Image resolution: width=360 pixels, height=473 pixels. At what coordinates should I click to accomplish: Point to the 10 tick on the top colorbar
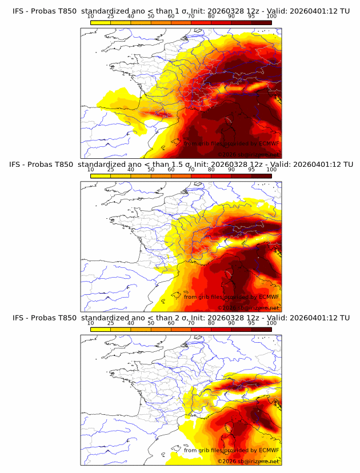(91, 16)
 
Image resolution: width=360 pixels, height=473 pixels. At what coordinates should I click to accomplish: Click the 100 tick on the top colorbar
(271, 16)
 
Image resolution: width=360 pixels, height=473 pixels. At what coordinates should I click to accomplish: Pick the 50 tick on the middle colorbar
(151, 169)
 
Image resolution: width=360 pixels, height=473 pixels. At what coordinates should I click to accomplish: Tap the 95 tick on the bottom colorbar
(251, 323)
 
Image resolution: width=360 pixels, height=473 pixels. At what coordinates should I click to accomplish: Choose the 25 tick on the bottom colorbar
(111, 323)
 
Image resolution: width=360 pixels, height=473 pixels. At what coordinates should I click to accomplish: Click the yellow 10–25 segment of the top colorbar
(101, 22)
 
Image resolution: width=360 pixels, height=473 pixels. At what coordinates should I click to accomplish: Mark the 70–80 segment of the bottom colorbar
(201, 329)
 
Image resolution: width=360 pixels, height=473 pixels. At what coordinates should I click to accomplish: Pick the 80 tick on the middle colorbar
(211, 169)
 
